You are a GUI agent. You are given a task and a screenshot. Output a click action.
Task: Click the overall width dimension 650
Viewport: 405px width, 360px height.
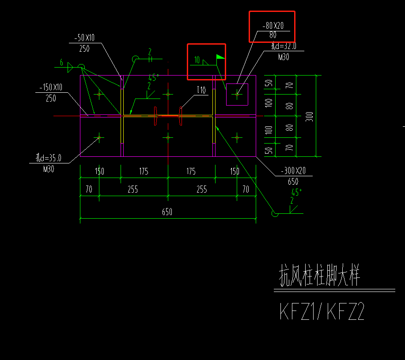(x=167, y=212)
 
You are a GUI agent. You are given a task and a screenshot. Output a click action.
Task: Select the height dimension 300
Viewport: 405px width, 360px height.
(x=310, y=116)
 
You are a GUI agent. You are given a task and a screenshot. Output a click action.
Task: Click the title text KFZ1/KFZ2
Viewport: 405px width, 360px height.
(x=322, y=312)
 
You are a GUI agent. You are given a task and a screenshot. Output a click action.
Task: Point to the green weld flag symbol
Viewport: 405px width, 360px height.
(x=220, y=57)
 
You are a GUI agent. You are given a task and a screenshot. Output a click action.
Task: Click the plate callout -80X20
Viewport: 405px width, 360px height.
(x=272, y=26)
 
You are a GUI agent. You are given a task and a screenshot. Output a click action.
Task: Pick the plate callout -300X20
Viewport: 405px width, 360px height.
(x=293, y=172)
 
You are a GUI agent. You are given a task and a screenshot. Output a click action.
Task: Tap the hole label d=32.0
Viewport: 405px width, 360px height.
(x=283, y=46)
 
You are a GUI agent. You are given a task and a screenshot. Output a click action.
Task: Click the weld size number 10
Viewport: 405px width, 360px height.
(x=197, y=60)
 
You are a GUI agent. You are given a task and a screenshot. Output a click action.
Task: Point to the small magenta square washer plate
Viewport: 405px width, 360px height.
(x=237, y=94)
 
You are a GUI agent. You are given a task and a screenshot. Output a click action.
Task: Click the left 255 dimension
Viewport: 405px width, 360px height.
(x=132, y=189)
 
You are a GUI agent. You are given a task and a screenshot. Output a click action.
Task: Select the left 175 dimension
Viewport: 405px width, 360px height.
(x=144, y=171)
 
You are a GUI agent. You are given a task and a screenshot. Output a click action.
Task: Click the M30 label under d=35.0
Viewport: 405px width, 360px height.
(x=49, y=168)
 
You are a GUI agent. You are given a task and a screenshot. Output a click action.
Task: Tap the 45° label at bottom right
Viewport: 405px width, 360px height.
(x=295, y=193)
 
